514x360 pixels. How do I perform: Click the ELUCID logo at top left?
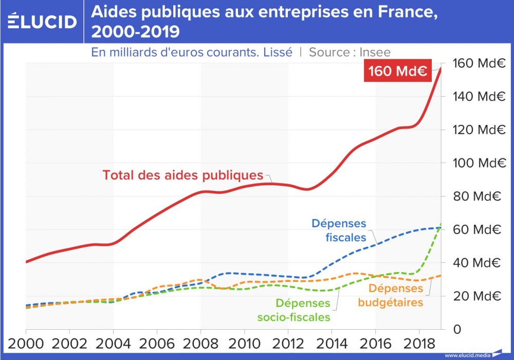coord(43,22)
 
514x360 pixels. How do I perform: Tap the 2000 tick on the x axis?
coord(26,344)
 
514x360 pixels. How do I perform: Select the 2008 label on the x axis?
coord(200,344)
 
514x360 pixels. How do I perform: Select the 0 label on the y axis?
coord(456,329)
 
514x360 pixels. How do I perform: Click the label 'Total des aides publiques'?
coord(182,175)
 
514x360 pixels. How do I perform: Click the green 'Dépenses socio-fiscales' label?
coord(303,310)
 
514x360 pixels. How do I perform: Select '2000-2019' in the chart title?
coord(135,32)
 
